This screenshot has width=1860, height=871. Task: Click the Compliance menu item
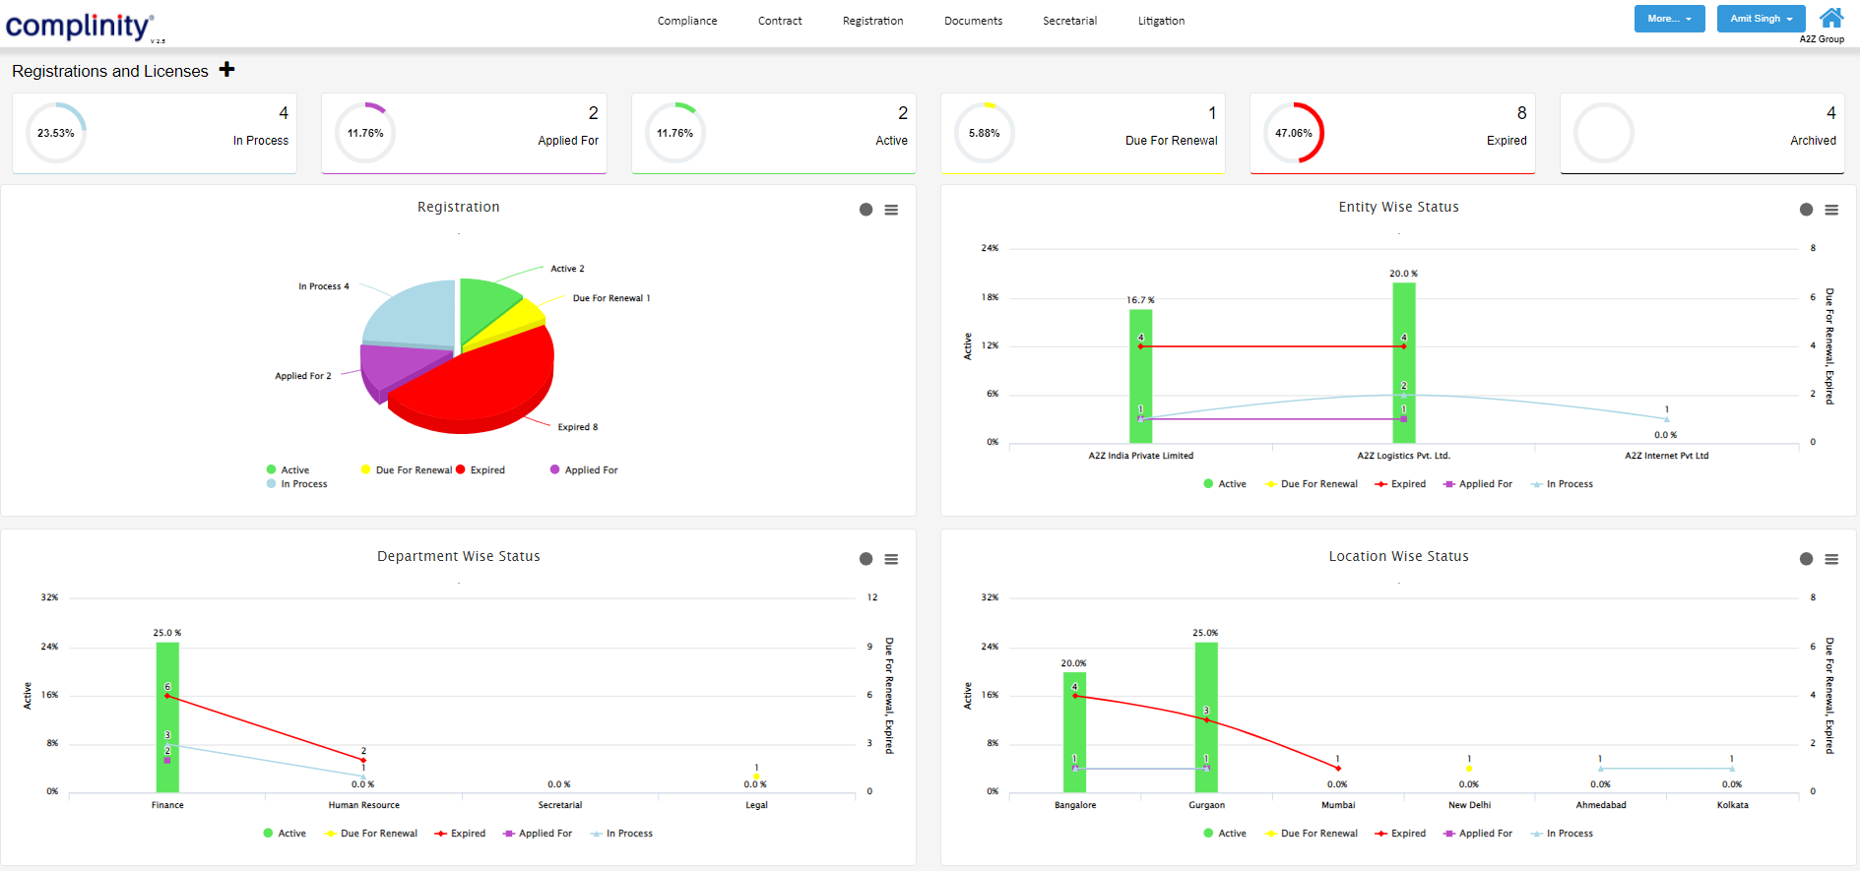(687, 21)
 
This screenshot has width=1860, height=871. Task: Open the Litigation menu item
(1161, 21)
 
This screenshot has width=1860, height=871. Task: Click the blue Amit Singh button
(1761, 19)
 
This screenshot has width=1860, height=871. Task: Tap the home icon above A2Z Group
(1831, 18)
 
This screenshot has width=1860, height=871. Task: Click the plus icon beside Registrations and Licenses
(227, 69)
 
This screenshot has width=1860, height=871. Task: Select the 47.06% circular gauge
(1293, 133)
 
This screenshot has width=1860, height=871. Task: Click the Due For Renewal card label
(1171, 141)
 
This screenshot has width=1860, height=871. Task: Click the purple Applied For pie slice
(394, 366)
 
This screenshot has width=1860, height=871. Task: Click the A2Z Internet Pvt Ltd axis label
(1666, 456)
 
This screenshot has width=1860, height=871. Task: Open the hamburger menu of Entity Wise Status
(1831, 210)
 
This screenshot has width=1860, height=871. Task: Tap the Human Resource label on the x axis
(363, 805)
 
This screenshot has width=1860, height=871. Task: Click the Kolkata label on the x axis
(1732, 805)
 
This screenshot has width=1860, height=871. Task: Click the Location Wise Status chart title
(1398, 556)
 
